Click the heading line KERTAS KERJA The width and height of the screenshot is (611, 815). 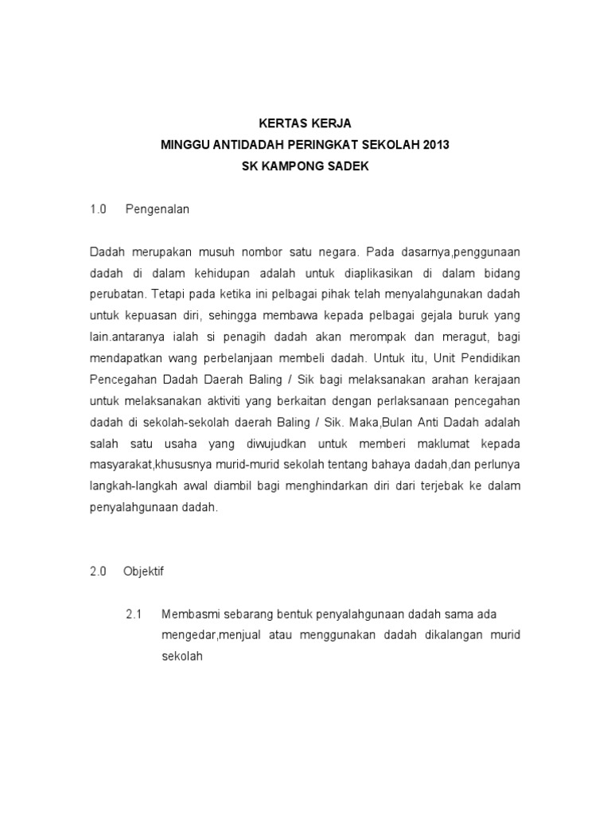305,123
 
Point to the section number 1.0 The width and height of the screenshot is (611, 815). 98,209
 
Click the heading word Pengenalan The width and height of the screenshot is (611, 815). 158,209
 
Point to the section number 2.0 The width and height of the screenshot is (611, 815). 98,571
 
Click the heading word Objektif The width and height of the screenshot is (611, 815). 143,571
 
